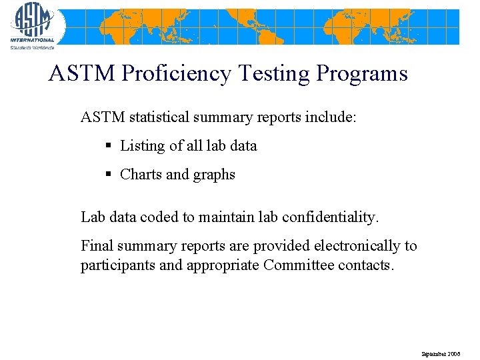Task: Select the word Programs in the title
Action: coord(362,73)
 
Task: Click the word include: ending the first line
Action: coord(331,117)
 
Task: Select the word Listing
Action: coord(142,145)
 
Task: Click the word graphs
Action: coord(214,175)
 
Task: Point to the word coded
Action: coord(159,217)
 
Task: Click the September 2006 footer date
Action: coord(440,353)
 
